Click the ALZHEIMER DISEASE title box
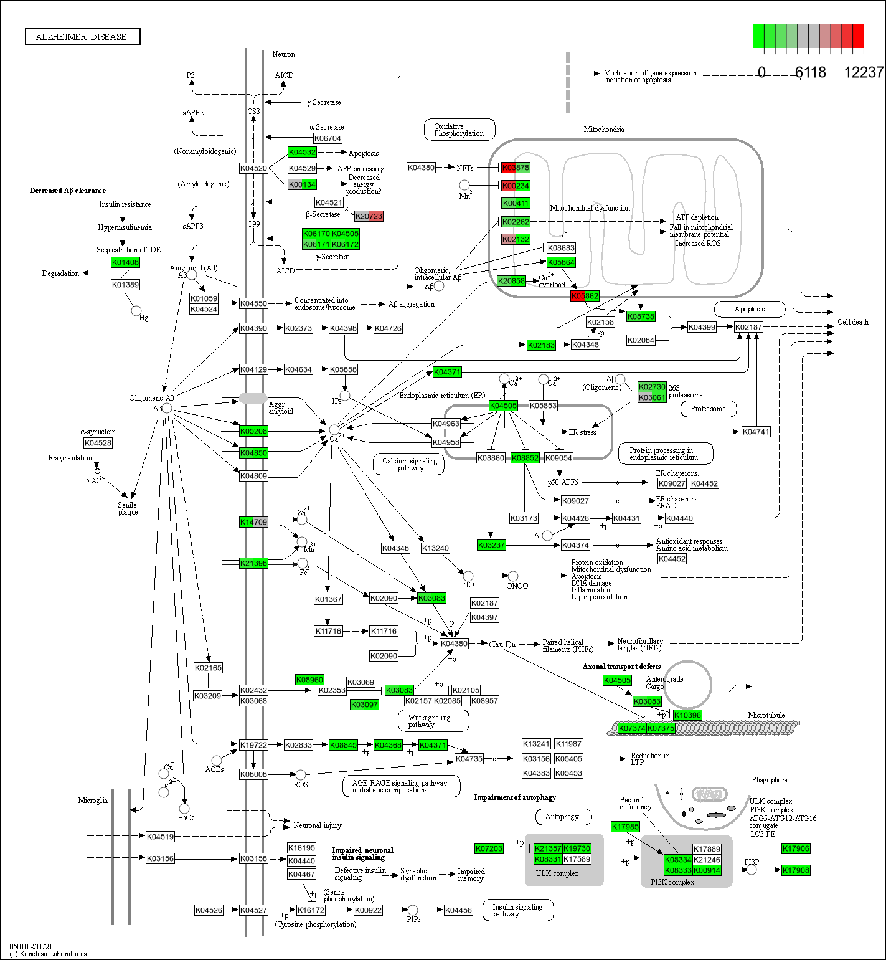tap(82, 37)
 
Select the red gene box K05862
tap(585, 296)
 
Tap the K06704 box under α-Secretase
tap(328, 138)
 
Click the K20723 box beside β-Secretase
tap(369, 216)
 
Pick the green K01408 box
tap(125, 262)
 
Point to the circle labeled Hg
tap(136, 311)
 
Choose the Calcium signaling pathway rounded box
tap(409, 464)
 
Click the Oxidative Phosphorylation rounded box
tap(459, 130)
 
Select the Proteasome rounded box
tap(708, 409)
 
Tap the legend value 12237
tap(863, 73)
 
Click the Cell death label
tap(852, 322)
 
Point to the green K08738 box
tap(641, 316)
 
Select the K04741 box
tap(756, 432)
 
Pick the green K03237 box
tap(491, 545)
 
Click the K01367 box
tap(328, 599)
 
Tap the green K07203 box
tap(489, 848)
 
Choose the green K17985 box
tap(625, 827)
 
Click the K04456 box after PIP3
tap(458, 910)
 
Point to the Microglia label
tap(93, 801)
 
